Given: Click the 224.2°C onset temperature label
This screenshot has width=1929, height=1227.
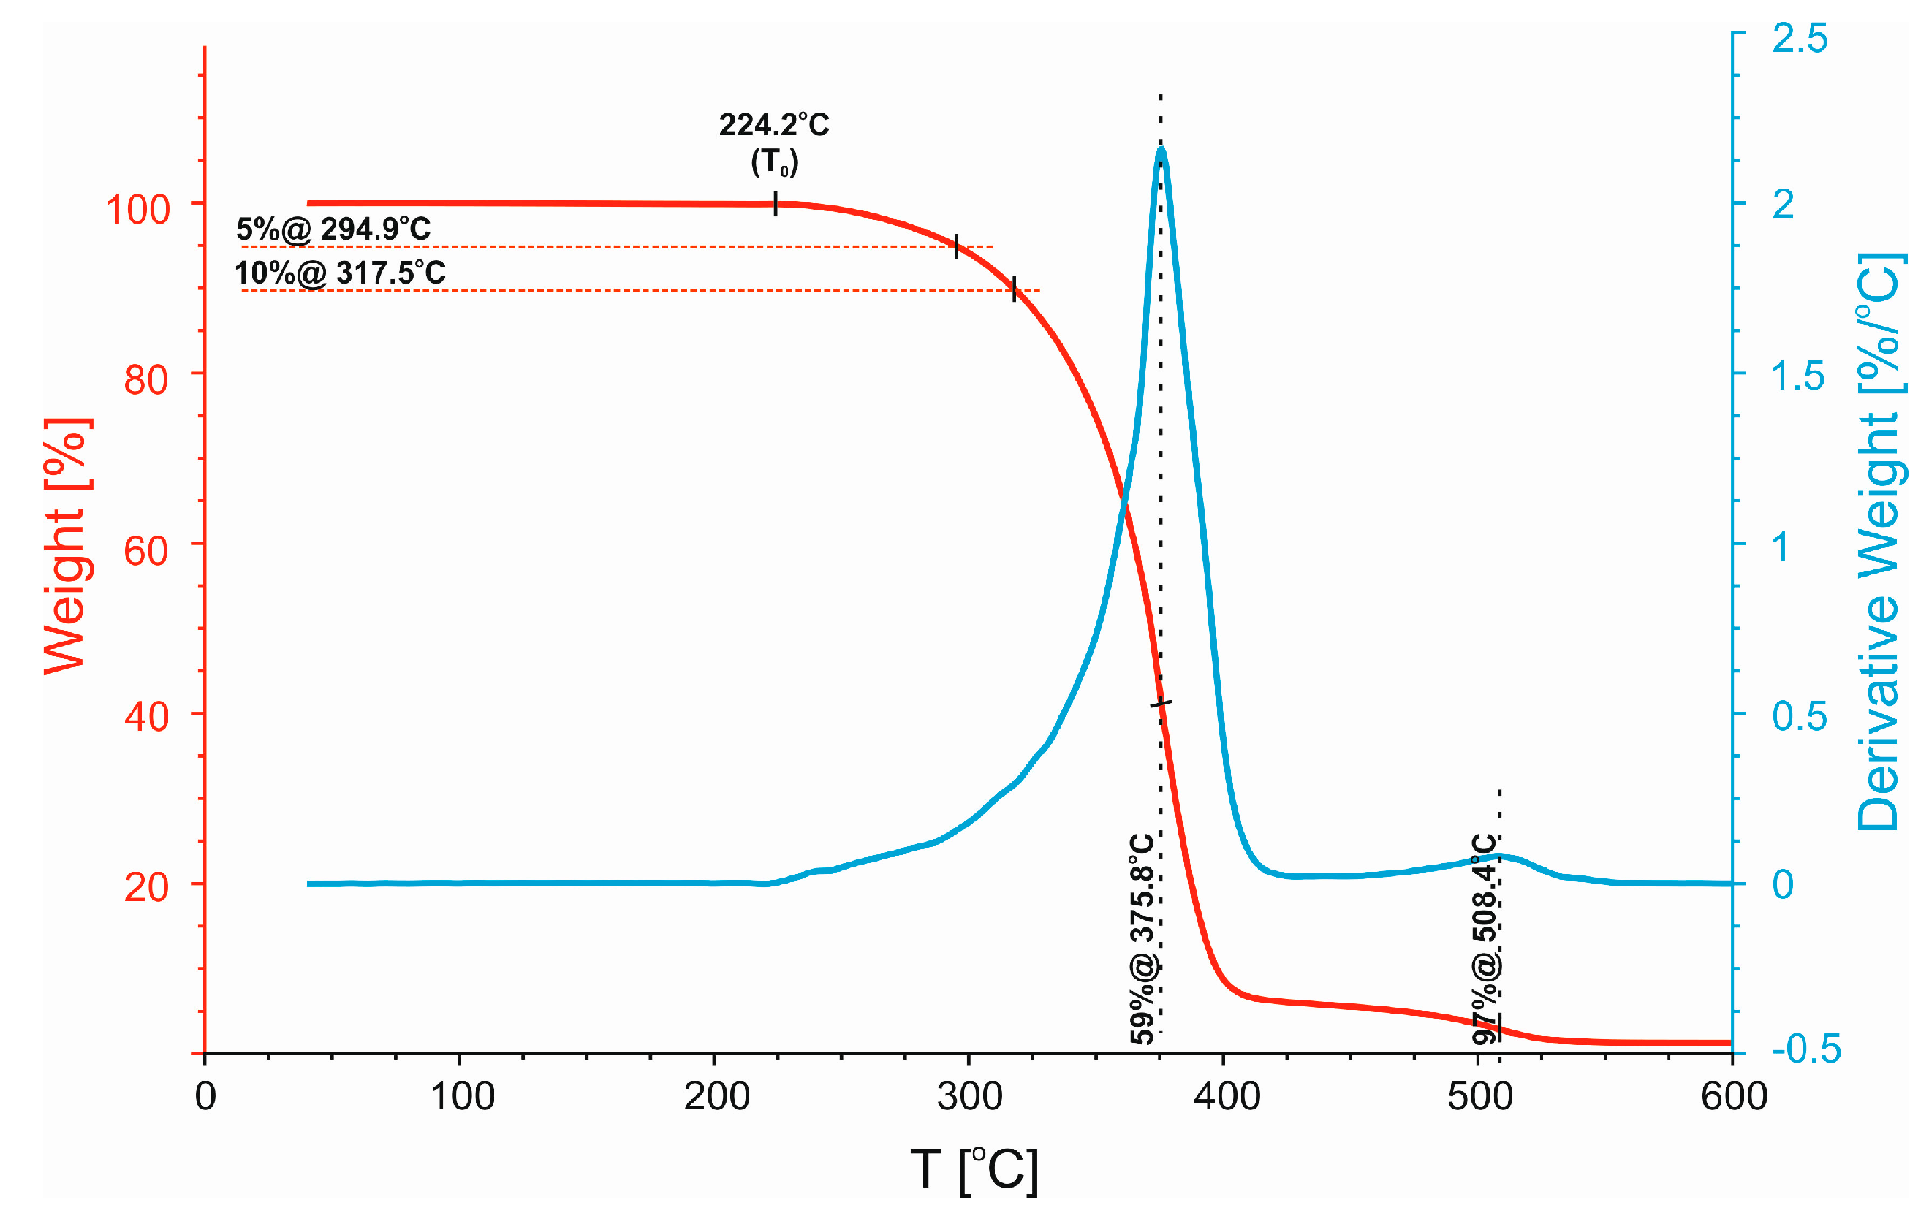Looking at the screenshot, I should coord(774,125).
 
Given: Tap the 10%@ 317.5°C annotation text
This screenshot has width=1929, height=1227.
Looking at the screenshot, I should coord(340,273).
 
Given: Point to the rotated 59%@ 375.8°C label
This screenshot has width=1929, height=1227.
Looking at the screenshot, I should coord(1143,938).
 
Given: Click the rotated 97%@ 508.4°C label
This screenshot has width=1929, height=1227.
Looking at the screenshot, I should coord(1485,938).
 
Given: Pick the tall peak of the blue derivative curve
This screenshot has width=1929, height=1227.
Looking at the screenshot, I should coord(1161,150).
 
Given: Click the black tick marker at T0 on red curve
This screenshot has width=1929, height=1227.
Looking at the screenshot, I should coord(776,203).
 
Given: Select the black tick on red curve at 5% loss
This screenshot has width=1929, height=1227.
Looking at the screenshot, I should coord(957,246).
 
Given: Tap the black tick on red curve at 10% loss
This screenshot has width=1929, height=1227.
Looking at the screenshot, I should coord(1014,289).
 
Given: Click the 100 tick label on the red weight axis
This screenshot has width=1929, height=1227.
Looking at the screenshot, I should coord(137,210).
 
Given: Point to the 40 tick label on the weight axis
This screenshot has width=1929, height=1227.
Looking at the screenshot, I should coord(145,716).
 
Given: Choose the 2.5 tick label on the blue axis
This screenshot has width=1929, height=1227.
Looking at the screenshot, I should coord(1799,38).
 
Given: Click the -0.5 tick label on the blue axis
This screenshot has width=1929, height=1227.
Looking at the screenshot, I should coord(1805,1049).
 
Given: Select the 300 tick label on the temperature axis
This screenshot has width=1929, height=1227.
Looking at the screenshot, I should coord(969,1095).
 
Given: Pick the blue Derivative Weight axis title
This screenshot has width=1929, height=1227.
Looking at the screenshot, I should coord(1879,542).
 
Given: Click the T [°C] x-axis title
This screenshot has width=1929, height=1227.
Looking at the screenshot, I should coord(974,1170).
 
